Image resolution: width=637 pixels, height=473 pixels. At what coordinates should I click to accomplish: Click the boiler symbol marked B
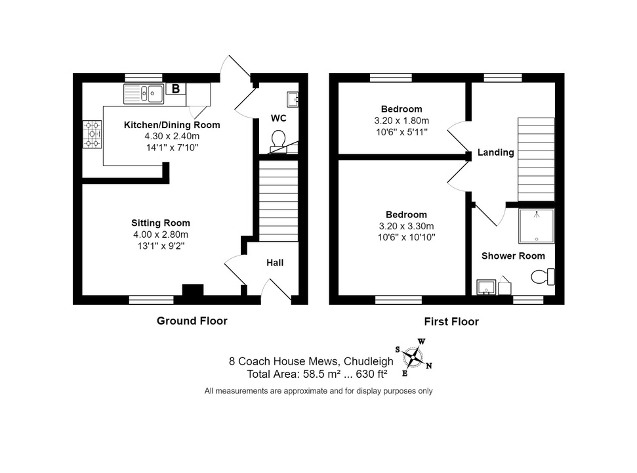[x=176, y=89]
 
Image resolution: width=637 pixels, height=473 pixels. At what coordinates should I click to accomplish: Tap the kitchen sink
[x=144, y=93]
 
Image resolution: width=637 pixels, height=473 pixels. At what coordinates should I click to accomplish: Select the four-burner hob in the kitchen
[x=92, y=134]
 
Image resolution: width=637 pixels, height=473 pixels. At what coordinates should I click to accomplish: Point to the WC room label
[x=279, y=118]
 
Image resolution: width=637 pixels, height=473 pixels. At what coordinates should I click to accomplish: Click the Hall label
[x=275, y=263]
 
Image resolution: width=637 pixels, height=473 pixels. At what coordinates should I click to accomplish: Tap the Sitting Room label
[x=161, y=223]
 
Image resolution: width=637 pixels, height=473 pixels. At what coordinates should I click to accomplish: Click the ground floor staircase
[x=279, y=201]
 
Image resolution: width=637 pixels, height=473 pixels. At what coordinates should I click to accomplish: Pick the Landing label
[x=495, y=152]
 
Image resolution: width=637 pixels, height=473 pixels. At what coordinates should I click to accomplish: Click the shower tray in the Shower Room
[x=536, y=226]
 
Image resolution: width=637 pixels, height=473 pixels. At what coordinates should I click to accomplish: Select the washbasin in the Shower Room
[x=486, y=286]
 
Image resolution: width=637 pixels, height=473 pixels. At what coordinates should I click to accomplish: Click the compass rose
[x=413, y=357]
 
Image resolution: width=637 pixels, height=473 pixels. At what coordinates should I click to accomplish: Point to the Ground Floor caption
[x=192, y=321]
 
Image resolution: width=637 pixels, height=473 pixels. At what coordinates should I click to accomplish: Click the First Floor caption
[x=451, y=322]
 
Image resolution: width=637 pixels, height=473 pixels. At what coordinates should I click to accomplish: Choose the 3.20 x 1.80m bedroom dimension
[x=401, y=121]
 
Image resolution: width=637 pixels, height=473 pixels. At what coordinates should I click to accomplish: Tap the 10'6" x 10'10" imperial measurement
[x=406, y=237]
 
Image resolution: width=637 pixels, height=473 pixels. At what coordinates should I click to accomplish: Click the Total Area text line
[x=317, y=374]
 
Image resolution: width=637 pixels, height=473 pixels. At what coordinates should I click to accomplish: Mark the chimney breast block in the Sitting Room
[x=193, y=290]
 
